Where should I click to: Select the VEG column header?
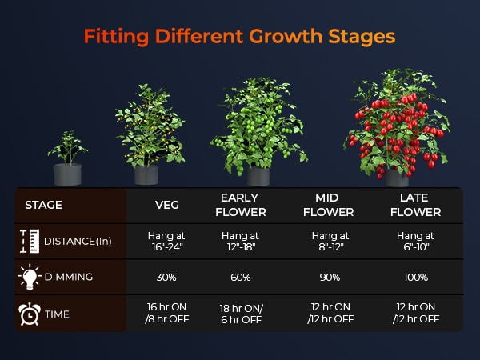[x=167, y=205]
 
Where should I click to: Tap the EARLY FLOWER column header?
[x=240, y=205]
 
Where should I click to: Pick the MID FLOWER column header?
[x=328, y=205]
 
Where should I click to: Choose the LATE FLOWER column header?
[x=415, y=205]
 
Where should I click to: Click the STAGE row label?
[x=44, y=205]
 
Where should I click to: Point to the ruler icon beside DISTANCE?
[x=30, y=242]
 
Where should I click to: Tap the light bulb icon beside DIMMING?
[x=30, y=277]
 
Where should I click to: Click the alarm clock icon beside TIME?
[x=30, y=314]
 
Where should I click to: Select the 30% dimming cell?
[x=166, y=278]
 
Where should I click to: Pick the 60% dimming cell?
[x=241, y=278]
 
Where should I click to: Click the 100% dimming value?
[x=416, y=278]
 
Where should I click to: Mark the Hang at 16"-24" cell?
[x=166, y=242]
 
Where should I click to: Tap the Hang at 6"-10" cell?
[x=415, y=242]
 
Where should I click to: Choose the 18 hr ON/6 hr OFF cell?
[x=242, y=314]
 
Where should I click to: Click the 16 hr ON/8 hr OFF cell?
[x=167, y=313]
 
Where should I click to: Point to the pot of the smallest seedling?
[x=68, y=174]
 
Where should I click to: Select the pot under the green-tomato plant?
[x=258, y=176]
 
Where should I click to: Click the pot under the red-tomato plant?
[x=397, y=178]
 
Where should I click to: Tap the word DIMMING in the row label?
[x=69, y=277]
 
